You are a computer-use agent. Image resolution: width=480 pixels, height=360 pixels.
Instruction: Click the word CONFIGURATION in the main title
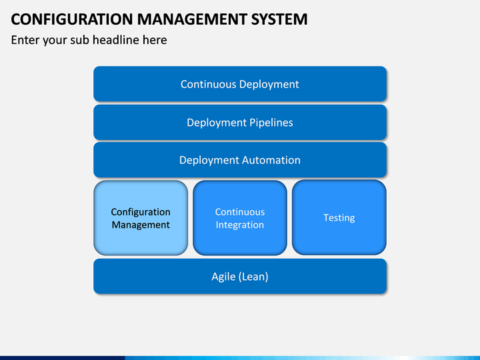click(72, 19)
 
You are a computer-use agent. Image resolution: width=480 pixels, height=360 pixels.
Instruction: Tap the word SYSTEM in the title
click(279, 19)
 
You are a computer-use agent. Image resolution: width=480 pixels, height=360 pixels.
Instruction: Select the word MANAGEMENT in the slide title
click(192, 19)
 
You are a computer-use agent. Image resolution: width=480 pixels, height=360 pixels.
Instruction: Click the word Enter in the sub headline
click(25, 40)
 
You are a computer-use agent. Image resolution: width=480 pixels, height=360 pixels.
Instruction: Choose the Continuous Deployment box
click(240, 84)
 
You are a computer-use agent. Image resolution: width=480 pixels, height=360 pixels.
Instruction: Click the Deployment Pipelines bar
click(240, 122)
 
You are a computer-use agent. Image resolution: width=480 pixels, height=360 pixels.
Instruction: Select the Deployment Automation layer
click(240, 160)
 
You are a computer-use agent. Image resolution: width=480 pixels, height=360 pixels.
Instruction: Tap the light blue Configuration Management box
click(141, 217)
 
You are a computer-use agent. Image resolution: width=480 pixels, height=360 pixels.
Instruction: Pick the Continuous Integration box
click(240, 217)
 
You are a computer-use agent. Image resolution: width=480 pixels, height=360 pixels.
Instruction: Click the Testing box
click(339, 217)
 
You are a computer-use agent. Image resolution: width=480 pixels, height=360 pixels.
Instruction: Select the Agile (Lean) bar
click(240, 276)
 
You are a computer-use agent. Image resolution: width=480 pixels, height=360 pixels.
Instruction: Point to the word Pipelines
click(271, 123)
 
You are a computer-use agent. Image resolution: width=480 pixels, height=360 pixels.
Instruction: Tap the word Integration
click(240, 225)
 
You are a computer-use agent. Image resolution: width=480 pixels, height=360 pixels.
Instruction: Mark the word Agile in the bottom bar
click(223, 277)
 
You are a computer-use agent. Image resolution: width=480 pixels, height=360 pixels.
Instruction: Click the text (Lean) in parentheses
click(253, 277)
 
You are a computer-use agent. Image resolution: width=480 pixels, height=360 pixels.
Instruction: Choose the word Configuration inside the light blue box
click(141, 212)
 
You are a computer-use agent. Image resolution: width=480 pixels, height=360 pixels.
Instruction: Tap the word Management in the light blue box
click(141, 225)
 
